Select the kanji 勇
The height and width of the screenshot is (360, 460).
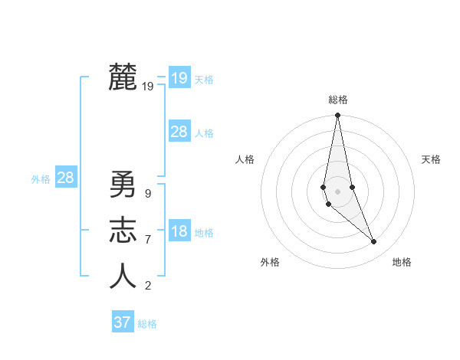point(123,185)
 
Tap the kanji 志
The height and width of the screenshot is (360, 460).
point(123,231)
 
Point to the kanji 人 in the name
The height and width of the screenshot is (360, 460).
point(123,277)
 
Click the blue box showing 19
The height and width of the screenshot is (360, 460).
point(179,78)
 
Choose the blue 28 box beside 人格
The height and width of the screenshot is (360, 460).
point(179,132)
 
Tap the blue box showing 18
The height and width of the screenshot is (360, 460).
point(179,231)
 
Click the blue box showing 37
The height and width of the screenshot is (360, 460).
point(122,322)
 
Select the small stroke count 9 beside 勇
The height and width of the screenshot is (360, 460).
point(147,194)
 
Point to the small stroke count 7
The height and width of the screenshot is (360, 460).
point(147,240)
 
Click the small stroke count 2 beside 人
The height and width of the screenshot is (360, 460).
point(147,286)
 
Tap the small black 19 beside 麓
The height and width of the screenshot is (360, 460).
point(147,87)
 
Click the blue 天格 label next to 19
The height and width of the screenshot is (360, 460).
point(204,80)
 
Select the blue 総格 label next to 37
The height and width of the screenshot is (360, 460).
point(147,324)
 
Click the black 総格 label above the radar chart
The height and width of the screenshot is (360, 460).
point(337,100)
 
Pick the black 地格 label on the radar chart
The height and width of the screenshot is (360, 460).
point(402,262)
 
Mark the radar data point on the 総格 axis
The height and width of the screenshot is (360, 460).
point(337,116)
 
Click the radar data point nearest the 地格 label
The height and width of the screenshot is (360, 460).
point(374,242)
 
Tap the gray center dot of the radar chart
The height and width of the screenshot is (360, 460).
point(337,191)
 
